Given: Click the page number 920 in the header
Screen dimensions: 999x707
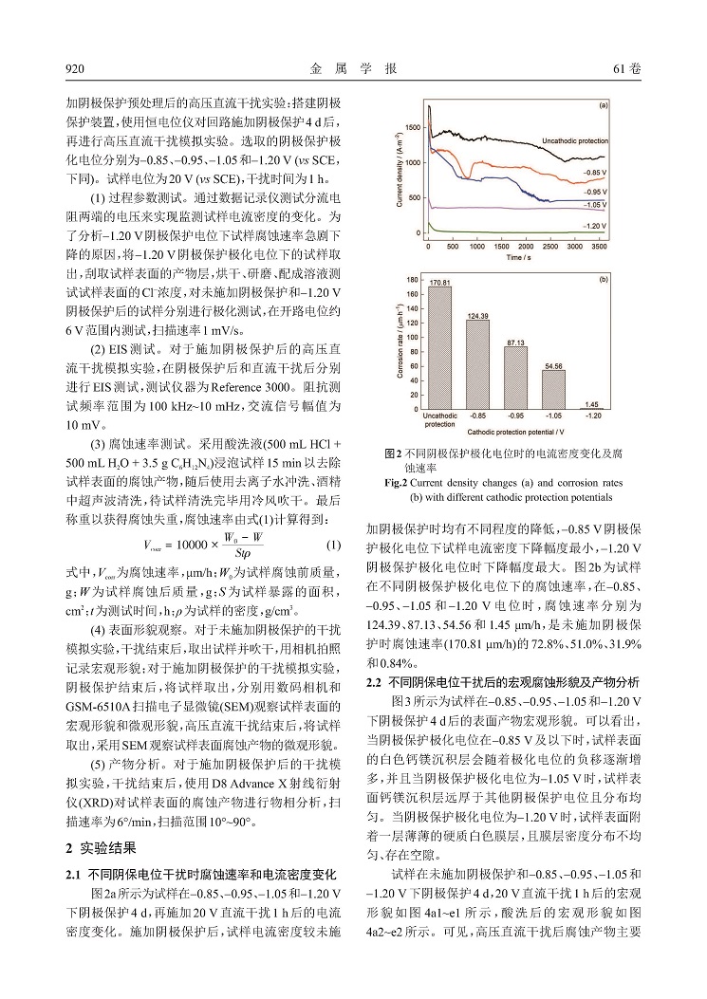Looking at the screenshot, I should [x=74, y=69].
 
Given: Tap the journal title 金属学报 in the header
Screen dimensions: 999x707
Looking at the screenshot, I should [x=353, y=69].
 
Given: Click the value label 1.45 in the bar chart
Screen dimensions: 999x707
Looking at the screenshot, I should [x=592, y=404].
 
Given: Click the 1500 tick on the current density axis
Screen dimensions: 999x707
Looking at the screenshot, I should [x=413, y=126].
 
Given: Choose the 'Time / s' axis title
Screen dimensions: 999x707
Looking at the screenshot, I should [x=518, y=256].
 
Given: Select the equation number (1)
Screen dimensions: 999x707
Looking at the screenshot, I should [x=332, y=546].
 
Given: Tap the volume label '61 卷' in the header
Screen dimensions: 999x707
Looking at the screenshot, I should [x=628, y=69].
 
